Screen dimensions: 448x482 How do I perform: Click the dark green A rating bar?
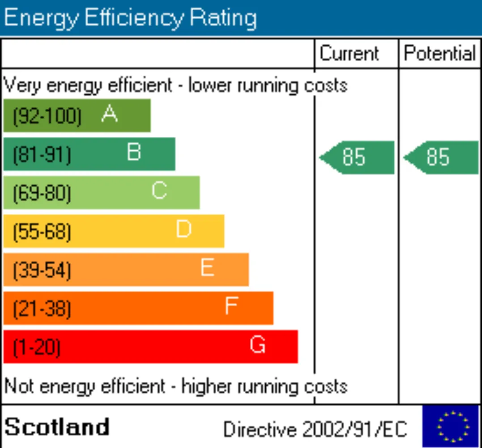click(x=77, y=115)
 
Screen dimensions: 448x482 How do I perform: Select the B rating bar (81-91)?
click(x=89, y=154)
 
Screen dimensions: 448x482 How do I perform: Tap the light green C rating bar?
click(x=101, y=192)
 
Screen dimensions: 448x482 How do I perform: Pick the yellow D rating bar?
click(x=114, y=231)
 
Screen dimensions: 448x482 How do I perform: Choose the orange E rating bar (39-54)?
click(x=126, y=269)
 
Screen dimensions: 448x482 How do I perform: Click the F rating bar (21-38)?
click(x=138, y=308)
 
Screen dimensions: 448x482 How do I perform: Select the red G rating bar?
click(x=150, y=347)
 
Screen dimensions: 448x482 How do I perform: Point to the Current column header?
click(x=350, y=54)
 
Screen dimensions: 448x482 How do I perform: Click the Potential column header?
click(x=439, y=54)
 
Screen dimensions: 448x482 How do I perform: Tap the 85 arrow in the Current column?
click(x=357, y=157)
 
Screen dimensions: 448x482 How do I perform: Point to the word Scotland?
click(x=57, y=427)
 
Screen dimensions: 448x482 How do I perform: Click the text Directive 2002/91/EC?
click(x=315, y=430)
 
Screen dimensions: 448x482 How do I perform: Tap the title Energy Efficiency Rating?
click(x=130, y=18)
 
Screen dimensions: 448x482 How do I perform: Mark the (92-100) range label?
click(x=47, y=116)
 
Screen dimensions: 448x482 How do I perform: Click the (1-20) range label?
click(x=37, y=347)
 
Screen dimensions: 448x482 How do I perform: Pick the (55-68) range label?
click(x=42, y=232)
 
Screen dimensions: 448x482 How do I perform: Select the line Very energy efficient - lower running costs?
click(x=175, y=85)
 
